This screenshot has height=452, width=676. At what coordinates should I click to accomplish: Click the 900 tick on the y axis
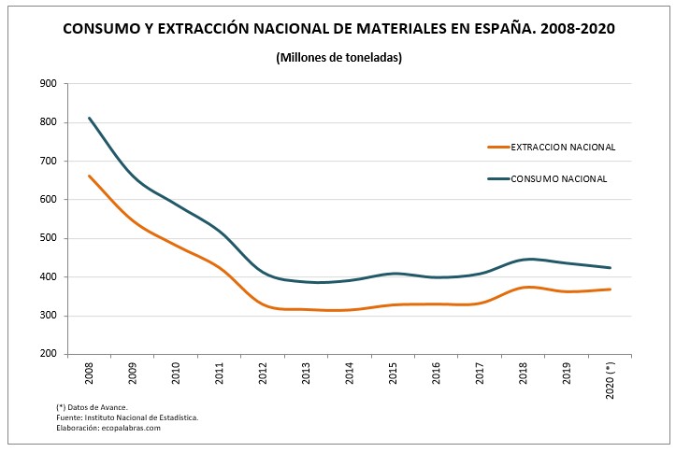click(48, 84)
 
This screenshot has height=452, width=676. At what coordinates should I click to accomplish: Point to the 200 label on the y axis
click(48, 355)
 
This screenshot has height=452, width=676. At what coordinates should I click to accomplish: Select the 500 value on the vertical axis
click(48, 238)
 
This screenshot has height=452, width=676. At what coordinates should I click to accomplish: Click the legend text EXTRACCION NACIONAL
click(563, 147)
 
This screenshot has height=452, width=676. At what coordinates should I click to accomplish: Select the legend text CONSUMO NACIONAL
click(559, 178)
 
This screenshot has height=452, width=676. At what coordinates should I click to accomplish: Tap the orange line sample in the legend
click(498, 147)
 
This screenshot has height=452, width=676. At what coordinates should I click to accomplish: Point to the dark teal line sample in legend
click(498, 178)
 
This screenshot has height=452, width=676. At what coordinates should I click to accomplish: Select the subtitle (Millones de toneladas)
click(338, 58)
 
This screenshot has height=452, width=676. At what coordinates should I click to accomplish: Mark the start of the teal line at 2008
click(90, 118)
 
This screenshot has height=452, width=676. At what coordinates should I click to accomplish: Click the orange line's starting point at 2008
click(90, 176)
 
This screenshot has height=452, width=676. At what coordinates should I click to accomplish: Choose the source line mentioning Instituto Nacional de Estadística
click(127, 417)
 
